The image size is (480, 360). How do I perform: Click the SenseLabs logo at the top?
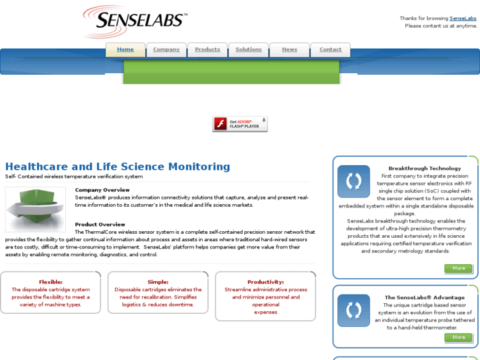coord(135,21)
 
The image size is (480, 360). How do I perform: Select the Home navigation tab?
coord(125,50)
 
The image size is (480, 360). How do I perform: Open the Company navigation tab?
coord(166,50)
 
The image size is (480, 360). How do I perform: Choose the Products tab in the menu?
coord(207,50)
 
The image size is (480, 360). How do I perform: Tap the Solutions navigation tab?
coord(248,50)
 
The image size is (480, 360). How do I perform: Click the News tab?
coord(289,50)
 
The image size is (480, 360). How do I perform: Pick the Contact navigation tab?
coord(330,50)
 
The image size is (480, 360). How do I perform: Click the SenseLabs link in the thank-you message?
coord(463,18)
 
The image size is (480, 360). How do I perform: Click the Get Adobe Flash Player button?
coord(240,124)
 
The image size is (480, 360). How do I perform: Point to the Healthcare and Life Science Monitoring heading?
coord(118,166)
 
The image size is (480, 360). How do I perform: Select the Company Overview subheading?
coord(102,190)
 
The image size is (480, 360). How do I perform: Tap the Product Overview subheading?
coord(100,225)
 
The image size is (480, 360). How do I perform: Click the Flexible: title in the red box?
coord(51,282)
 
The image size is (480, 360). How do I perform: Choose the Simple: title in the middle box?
coord(158,282)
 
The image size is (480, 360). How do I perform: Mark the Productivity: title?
coord(265,282)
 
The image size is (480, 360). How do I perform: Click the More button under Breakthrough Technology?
coord(458,268)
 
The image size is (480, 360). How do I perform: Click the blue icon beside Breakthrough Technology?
coord(354,182)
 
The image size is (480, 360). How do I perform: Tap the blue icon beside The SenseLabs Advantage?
coord(354,310)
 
